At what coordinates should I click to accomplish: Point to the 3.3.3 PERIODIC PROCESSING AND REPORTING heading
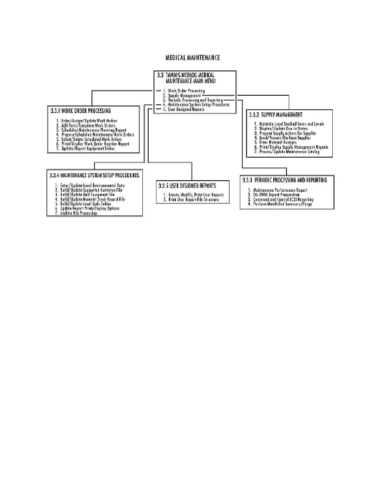click(285, 180)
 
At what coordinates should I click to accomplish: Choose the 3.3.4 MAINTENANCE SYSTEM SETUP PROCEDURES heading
click(95, 175)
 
